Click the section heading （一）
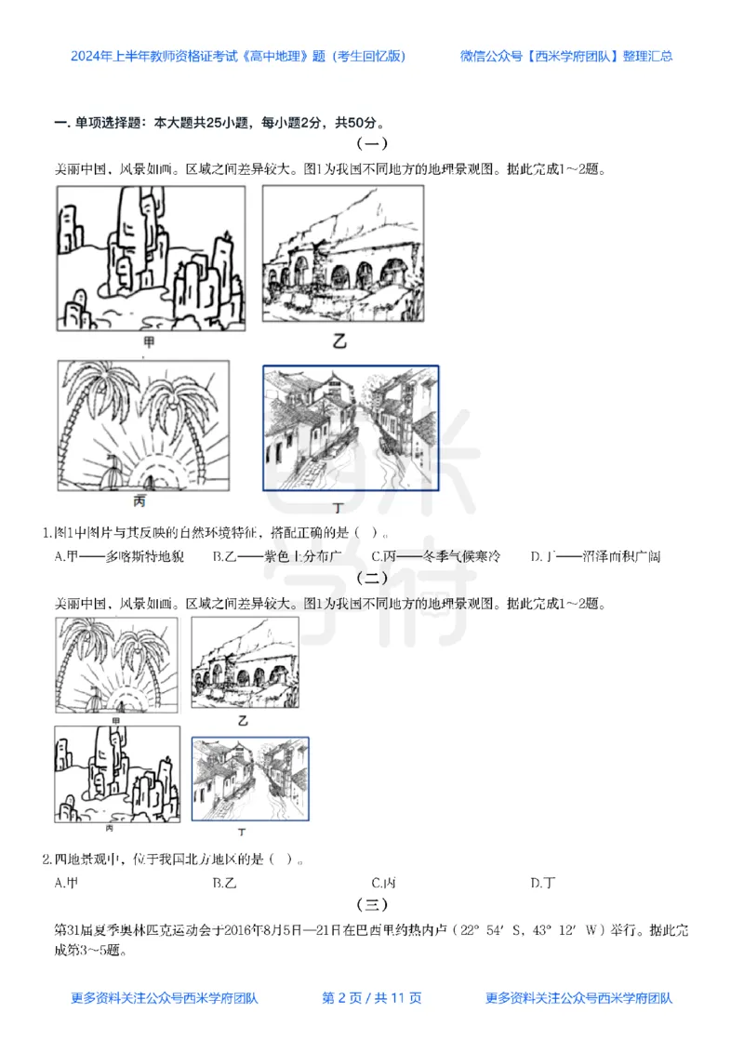[372, 144]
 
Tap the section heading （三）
[372, 904]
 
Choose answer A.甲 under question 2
[66, 882]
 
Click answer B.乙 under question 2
[224, 882]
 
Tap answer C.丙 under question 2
[383, 882]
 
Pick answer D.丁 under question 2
[543, 882]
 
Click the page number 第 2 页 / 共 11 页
[371, 998]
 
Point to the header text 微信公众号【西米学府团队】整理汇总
[566, 56]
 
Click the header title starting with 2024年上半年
[238, 56]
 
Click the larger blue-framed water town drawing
[351, 428]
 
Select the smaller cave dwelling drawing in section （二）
[245, 663]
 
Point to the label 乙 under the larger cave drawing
[339, 341]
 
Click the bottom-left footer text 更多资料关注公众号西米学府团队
[165, 998]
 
